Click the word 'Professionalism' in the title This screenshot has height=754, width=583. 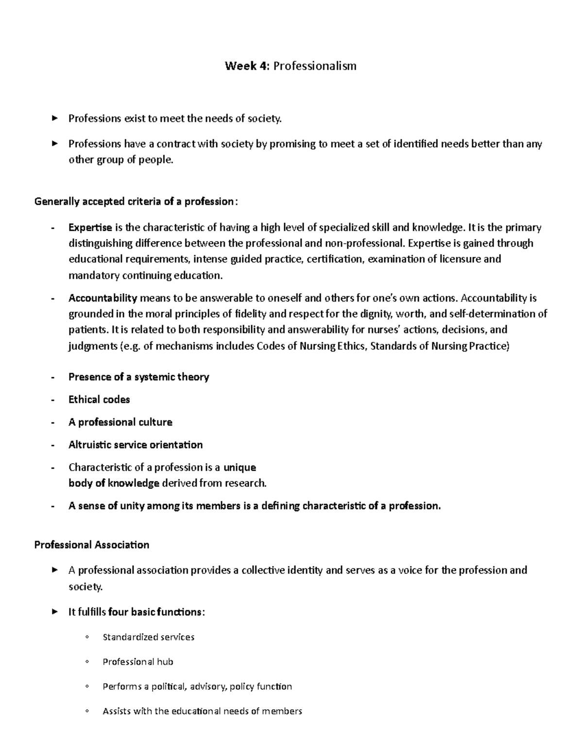(315, 66)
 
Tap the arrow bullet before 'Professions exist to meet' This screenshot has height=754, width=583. (54, 118)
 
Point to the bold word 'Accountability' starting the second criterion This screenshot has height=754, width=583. (103, 298)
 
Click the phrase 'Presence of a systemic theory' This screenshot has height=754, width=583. (138, 377)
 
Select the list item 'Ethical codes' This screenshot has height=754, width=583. (99, 400)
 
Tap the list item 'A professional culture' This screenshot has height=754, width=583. (120, 422)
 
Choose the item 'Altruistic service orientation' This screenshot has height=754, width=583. (136, 445)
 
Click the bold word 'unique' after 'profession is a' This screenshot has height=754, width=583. (239, 468)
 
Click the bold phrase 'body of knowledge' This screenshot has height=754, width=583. (114, 483)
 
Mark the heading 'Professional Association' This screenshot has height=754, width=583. (91, 545)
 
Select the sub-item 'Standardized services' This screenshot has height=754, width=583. (148, 637)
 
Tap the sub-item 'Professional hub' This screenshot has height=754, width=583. (137, 662)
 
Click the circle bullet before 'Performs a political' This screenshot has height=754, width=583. (86, 687)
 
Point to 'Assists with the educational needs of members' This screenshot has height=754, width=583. (202, 711)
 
